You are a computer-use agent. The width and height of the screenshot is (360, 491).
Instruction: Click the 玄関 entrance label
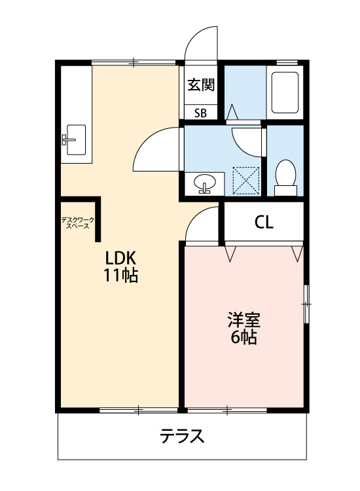click(200, 85)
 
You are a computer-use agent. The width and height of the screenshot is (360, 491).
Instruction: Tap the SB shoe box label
click(200, 113)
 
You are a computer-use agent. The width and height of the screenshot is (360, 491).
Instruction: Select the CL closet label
click(264, 223)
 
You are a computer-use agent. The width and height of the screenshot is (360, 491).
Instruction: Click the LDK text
click(120, 257)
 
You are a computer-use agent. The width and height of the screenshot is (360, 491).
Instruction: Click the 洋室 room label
click(244, 321)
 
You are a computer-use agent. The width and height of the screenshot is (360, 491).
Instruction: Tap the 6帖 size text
click(243, 338)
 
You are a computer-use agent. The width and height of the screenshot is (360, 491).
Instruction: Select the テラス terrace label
click(183, 437)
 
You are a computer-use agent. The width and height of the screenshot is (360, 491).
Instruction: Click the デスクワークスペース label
click(78, 222)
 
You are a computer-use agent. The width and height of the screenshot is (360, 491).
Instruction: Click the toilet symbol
click(285, 175)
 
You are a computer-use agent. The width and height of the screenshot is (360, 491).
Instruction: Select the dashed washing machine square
click(247, 181)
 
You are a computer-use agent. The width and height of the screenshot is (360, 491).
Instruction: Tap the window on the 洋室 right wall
click(306, 303)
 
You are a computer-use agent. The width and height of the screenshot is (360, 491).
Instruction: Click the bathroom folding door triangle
click(231, 112)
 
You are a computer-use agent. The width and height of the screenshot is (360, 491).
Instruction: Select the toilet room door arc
click(247, 138)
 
